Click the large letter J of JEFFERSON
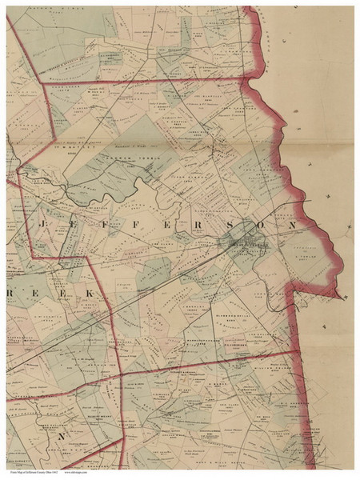coord(42,226)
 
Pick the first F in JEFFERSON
coord(95,226)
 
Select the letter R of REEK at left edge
coord(13,295)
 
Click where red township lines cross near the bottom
coord(120,374)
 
